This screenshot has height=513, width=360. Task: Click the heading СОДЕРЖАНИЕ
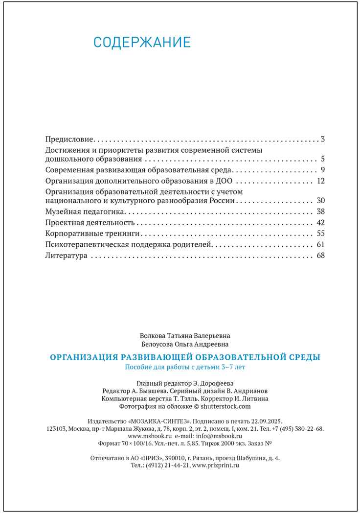141,42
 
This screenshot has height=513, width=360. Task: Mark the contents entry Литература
66,255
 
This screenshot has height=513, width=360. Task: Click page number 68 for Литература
321,255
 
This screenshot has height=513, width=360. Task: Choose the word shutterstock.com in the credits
225,406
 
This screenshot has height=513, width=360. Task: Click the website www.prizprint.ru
216,465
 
